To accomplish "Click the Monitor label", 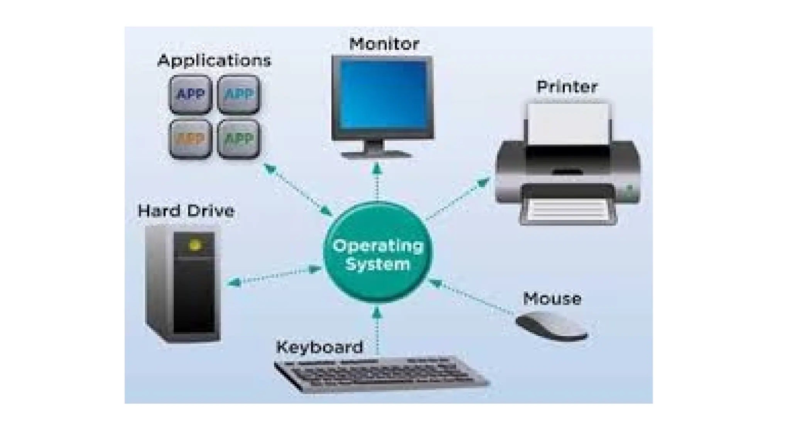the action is tap(384, 44).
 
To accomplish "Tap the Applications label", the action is tap(214, 61).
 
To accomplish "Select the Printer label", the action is tap(567, 87).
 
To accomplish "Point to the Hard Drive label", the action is tap(186, 211).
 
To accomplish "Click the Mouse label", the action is tap(552, 299).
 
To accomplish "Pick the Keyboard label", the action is tap(319, 347).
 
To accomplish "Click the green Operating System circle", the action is tap(378, 252).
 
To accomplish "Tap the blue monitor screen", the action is tap(383, 94).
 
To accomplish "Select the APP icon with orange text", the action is tap(190, 139).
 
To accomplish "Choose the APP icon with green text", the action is tap(238, 139).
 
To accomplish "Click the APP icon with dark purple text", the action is tap(190, 94).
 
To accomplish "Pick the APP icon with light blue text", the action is tap(238, 94).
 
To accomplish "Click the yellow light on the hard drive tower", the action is tap(195, 245).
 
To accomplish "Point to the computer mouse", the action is tap(552, 326).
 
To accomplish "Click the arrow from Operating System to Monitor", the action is tap(377, 181).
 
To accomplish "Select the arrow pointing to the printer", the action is tap(459, 198).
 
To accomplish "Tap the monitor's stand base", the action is tap(376, 155).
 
